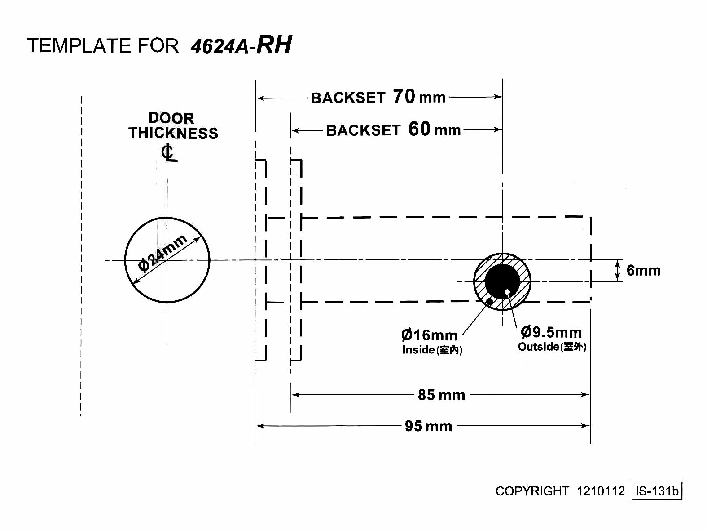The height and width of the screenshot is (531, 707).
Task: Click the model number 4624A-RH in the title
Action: (x=241, y=45)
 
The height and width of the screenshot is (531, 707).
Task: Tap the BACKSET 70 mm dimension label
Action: (x=378, y=97)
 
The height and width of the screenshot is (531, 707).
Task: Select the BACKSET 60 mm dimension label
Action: (x=393, y=130)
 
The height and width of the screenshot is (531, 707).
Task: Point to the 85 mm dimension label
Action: (x=441, y=395)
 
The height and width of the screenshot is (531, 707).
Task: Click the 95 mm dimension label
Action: (x=428, y=426)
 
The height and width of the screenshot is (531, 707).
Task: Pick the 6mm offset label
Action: (x=643, y=271)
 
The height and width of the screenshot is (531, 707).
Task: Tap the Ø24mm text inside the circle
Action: (x=162, y=253)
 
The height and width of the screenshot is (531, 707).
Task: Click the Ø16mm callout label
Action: (x=429, y=335)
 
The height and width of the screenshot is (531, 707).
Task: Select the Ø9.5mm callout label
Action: (x=551, y=333)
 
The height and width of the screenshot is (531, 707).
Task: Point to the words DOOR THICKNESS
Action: (x=173, y=126)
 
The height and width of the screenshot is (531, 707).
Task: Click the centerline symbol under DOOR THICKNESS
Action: (x=168, y=153)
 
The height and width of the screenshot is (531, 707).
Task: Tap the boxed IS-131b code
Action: (x=657, y=491)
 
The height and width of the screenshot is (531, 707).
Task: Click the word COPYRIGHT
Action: (x=532, y=491)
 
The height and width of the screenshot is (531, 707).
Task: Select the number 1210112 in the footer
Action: (x=601, y=491)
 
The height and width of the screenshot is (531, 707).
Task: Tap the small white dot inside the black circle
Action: (x=507, y=292)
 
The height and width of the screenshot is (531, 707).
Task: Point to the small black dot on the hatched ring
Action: (x=489, y=301)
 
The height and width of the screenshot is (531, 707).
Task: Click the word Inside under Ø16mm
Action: (x=418, y=350)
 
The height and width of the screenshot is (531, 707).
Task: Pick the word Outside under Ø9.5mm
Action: (x=538, y=347)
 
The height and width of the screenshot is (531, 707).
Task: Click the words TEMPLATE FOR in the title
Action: (x=103, y=46)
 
